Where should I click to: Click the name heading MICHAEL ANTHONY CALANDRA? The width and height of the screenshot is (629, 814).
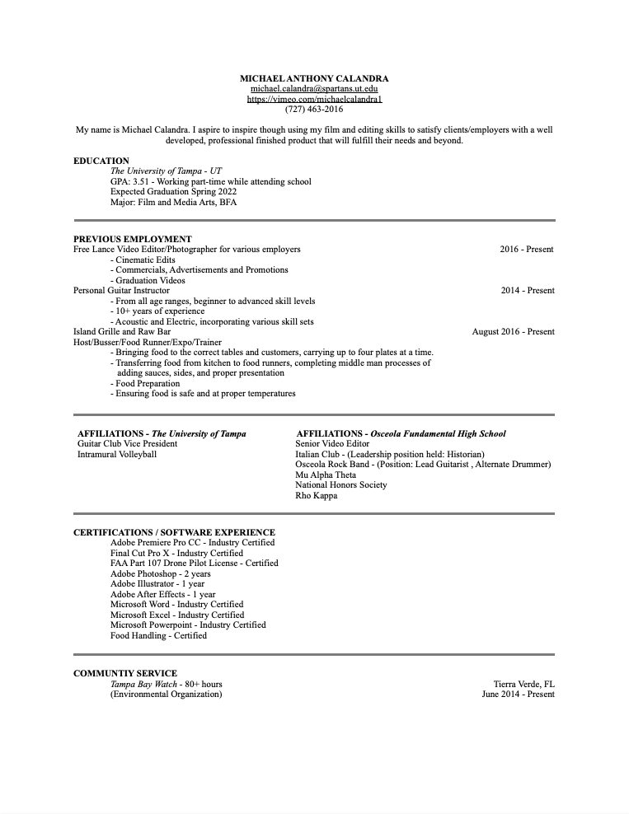click(x=314, y=78)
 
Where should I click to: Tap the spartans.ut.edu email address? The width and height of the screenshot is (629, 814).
click(x=314, y=88)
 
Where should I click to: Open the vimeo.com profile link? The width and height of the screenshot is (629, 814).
click(x=314, y=99)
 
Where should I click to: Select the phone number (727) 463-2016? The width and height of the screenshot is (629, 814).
click(x=314, y=109)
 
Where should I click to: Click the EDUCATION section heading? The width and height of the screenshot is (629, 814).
click(x=101, y=161)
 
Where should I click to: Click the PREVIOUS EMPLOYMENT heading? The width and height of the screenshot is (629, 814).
click(x=132, y=239)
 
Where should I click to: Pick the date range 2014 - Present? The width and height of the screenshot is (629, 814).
click(x=527, y=290)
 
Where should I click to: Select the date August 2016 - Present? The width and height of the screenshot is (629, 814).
click(x=513, y=331)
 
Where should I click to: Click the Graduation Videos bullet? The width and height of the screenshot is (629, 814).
click(x=150, y=280)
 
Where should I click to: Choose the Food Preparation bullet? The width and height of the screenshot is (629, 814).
click(x=147, y=383)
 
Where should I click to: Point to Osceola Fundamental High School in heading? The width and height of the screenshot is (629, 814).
click(x=438, y=433)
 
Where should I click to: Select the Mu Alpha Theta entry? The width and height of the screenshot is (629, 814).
click(x=326, y=475)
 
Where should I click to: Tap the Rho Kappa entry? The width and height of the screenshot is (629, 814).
click(x=316, y=495)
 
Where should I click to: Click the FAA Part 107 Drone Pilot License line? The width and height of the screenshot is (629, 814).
click(x=194, y=563)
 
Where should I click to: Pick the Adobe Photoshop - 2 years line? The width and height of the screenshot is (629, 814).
click(x=160, y=573)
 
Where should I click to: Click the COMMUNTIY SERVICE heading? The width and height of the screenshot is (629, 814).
click(x=124, y=673)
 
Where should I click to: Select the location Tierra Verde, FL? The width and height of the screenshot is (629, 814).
click(x=523, y=684)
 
